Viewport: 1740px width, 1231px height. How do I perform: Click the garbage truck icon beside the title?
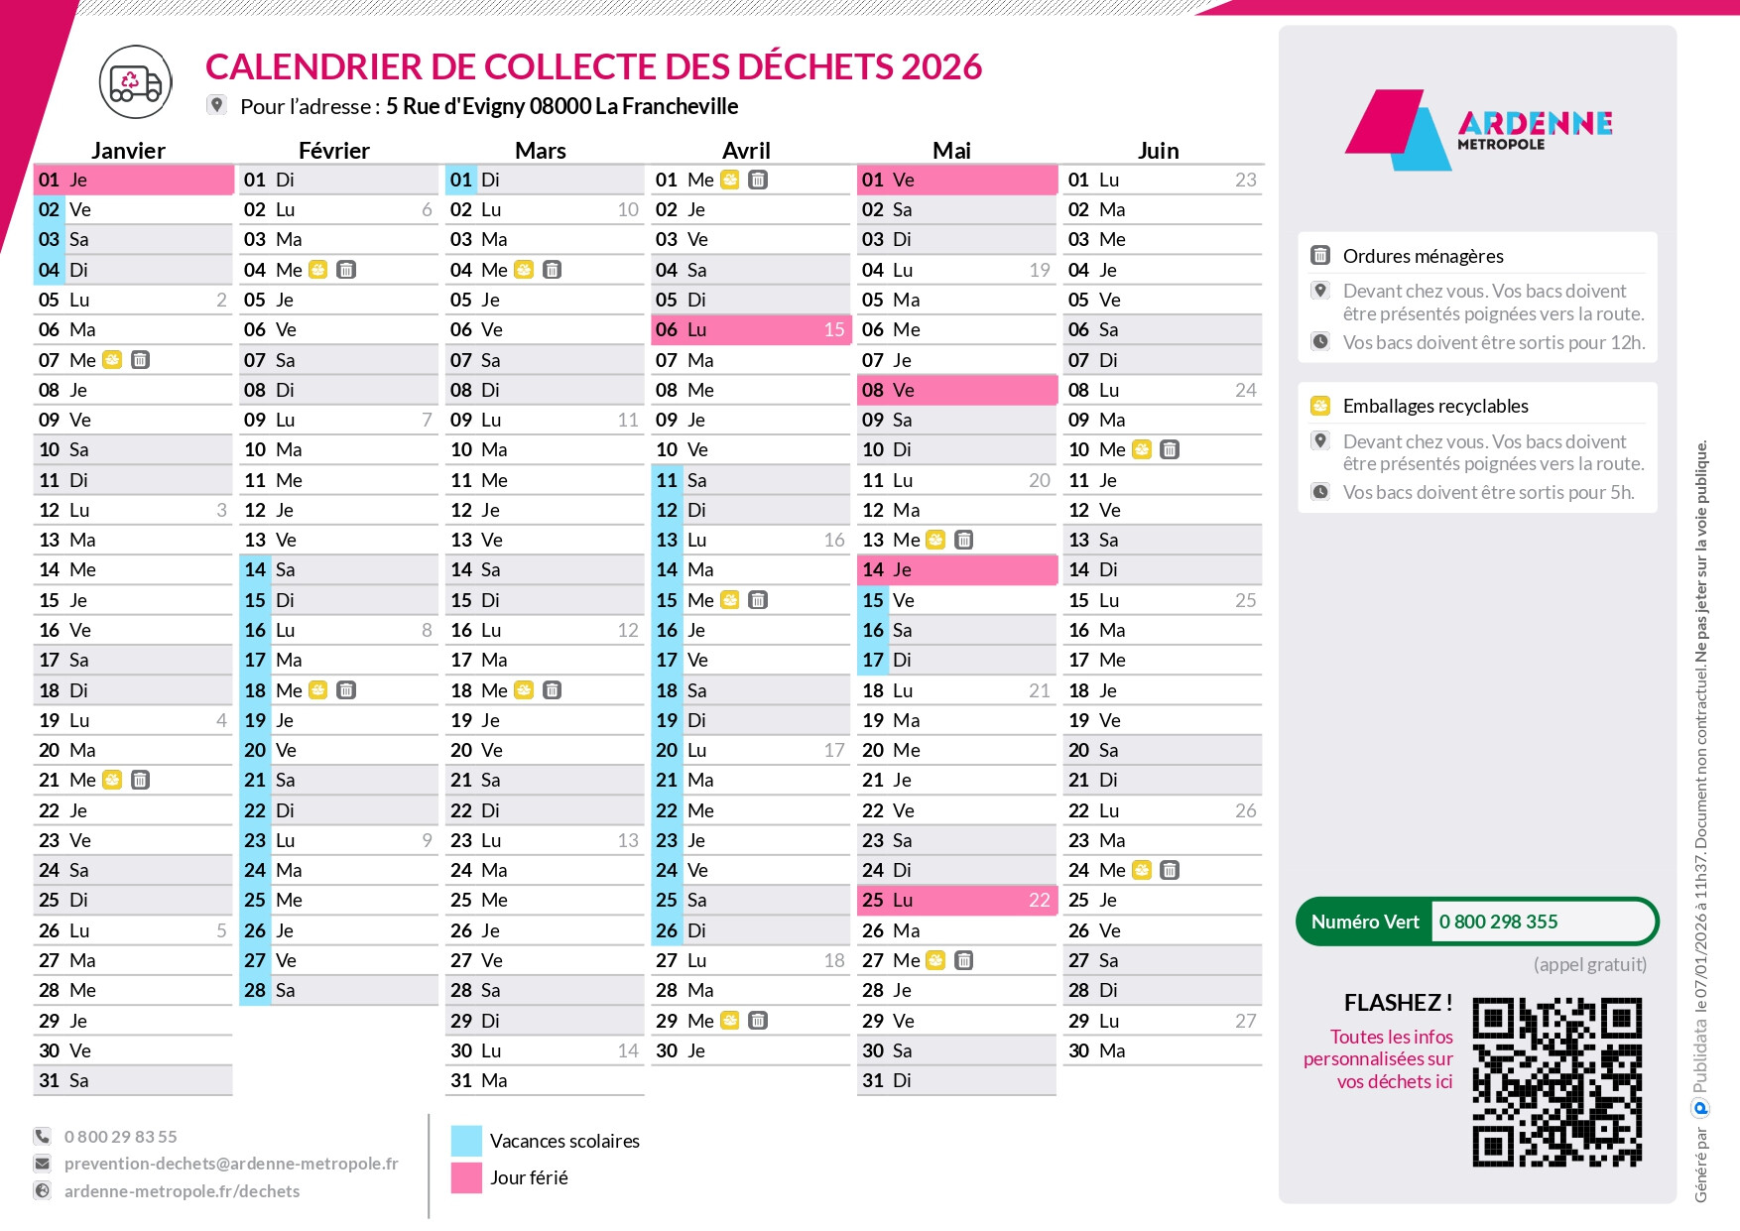(135, 82)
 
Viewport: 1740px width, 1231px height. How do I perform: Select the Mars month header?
(540, 151)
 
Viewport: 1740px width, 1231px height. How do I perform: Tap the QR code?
(1556, 1081)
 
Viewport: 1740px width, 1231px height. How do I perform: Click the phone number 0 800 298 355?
(1498, 922)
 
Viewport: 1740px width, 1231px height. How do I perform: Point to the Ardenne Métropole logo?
(1478, 129)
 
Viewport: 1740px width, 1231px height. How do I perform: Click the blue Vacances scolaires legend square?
(466, 1141)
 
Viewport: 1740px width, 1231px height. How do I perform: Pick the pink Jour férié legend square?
(466, 1177)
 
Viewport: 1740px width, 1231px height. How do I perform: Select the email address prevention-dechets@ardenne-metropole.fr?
(231, 1164)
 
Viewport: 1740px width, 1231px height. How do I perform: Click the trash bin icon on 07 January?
(141, 360)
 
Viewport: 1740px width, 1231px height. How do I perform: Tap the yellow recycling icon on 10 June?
(1142, 450)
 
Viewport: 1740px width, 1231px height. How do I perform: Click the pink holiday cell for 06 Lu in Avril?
(750, 330)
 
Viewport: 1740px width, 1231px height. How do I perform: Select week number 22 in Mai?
(1039, 901)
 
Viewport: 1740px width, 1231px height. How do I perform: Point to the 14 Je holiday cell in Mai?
(956, 570)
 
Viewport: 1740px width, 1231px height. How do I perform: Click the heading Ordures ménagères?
(1423, 256)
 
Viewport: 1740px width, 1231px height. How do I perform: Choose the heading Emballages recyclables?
(1434, 406)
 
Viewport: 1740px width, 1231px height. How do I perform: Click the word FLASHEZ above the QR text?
(1391, 1003)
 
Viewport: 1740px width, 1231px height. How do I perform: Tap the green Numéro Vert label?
(1365, 922)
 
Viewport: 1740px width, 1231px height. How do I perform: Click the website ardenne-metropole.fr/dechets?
(182, 1191)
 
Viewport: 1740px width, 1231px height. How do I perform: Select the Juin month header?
(1158, 151)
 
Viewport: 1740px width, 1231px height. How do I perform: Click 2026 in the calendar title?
(941, 67)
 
